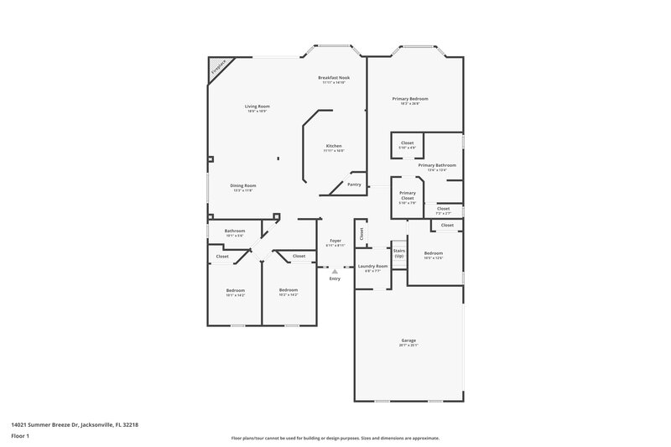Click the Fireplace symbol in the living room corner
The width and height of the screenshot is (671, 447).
click(x=217, y=67)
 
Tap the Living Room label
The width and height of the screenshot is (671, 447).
click(x=257, y=107)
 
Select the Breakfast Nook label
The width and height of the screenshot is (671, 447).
click(x=334, y=77)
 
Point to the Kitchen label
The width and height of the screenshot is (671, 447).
click(x=334, y=146)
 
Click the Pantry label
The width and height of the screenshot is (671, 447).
click(x=354, y=185)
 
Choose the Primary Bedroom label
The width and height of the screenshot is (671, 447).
click(x=409, y=98)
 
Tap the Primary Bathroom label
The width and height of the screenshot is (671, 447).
click(x=437, y=165)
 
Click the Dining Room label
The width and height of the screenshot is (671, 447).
click(x=243, y=185)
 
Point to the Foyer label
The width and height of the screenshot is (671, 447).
click(x=335, y=241)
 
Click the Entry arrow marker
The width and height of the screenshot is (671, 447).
click(x=335, y=271)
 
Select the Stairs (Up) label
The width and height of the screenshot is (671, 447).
click(x=398, y=252)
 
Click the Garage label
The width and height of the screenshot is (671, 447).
click(x=408, y=340)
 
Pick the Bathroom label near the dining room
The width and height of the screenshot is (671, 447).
click(x=234, y=231)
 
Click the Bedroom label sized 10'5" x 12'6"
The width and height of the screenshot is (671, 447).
click(x=433, y=253)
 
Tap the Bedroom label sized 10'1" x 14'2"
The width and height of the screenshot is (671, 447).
click(x=235, y=290)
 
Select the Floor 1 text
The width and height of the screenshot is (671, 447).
click(x=20, y=437)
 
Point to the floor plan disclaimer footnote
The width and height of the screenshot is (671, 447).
click(x=335, y=438)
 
